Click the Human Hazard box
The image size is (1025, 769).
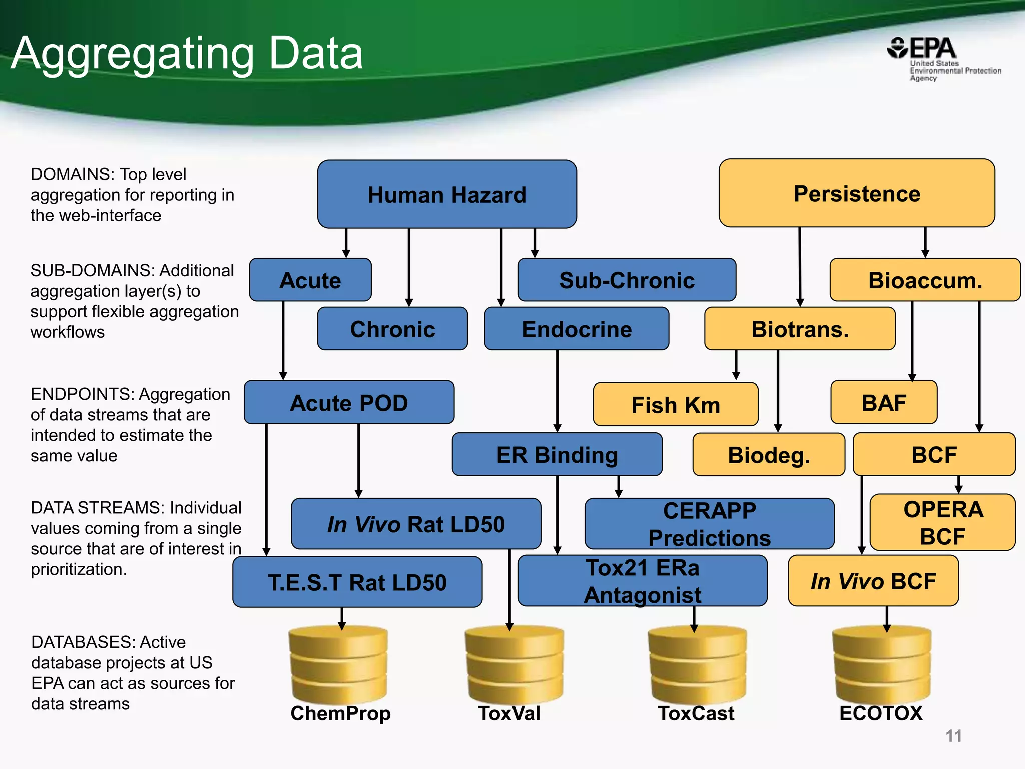pyautogui.click(x=446, y=194)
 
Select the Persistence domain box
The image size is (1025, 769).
pyautogui.click(x=856, y=193)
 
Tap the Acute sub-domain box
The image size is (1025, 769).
pyautogui.click(x=310, y=280)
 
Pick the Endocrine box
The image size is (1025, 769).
pyautogui.click(x=576, y=329)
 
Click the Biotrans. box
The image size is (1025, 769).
pyautogui.click(x=799, y=329)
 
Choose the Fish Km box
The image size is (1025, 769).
pyautogui.click(x=675, y=405)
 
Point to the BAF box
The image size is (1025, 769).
pyautogui.click(x=883, y=403)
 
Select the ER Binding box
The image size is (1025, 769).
pyautogui.click(x=557, y=455)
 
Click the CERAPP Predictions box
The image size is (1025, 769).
pyautogui.click(x=709, y=524)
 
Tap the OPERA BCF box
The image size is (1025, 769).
pyautogui.click(x=942, y=523)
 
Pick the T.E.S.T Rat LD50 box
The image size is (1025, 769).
pyautogui.click(x=357, y=582)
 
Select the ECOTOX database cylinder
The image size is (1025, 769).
pyautogui.click(x=881, y=666)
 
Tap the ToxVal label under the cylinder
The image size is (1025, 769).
pyautogui.click(x=509, y=713)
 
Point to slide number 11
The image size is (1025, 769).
pyautogui.click(x=953, y=736)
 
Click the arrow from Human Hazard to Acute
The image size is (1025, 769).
pyautogui.click(x=346, y=243)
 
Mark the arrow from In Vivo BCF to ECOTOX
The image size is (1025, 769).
pyautogui.click(x=886, y=619)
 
